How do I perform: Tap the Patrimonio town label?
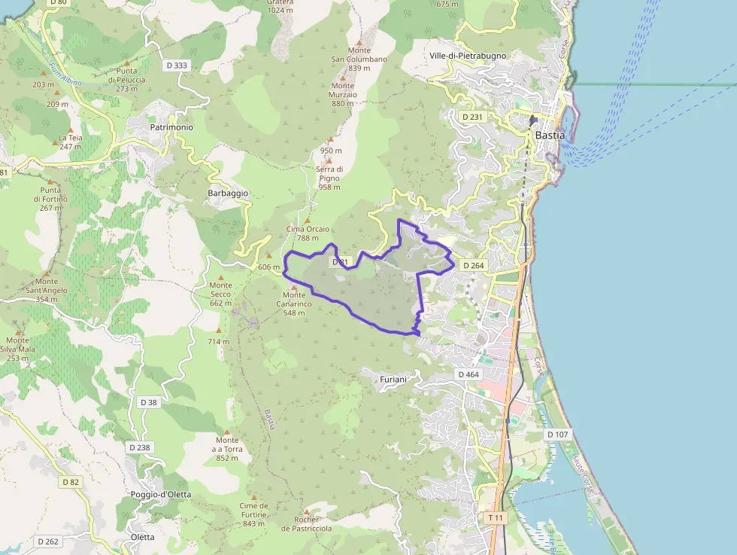click(171, 128)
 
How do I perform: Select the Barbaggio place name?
click(228, 194)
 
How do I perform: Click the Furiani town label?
click(393, 380)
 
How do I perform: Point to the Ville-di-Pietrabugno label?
click(469, 56)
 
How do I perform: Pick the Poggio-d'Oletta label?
click(161, 495)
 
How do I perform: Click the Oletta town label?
click(142, 537)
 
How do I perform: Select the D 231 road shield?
click(472, 117)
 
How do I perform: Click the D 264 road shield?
click(474, 266)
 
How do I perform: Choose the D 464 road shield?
click(468, 375)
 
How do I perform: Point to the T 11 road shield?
click(495, 518)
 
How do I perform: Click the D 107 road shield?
click(558, 435)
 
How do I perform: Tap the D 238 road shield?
click(139, 447)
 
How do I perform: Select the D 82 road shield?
click(71, 482)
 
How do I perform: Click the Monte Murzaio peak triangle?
click(343, 76)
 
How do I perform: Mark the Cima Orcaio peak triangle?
click(307, 220)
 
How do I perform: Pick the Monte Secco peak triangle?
click(221, 276)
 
